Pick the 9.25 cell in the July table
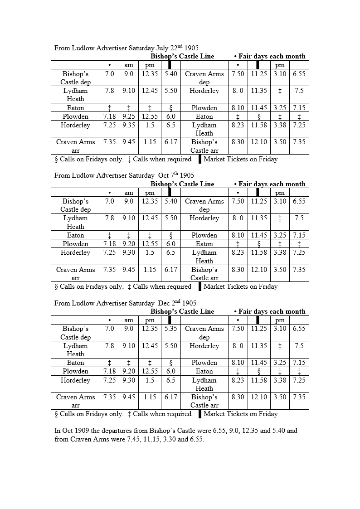[129, 116]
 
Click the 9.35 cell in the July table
[129, 125]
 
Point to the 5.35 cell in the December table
[171, 329]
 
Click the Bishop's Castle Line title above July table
[182, 56]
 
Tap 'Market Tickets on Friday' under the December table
[240, 414]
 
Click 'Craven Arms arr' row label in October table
[75, 273]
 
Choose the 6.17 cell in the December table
[171, 397]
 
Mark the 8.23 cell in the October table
[238, 252]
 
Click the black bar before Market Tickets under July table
[199, 159]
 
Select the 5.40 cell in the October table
[171, 201]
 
